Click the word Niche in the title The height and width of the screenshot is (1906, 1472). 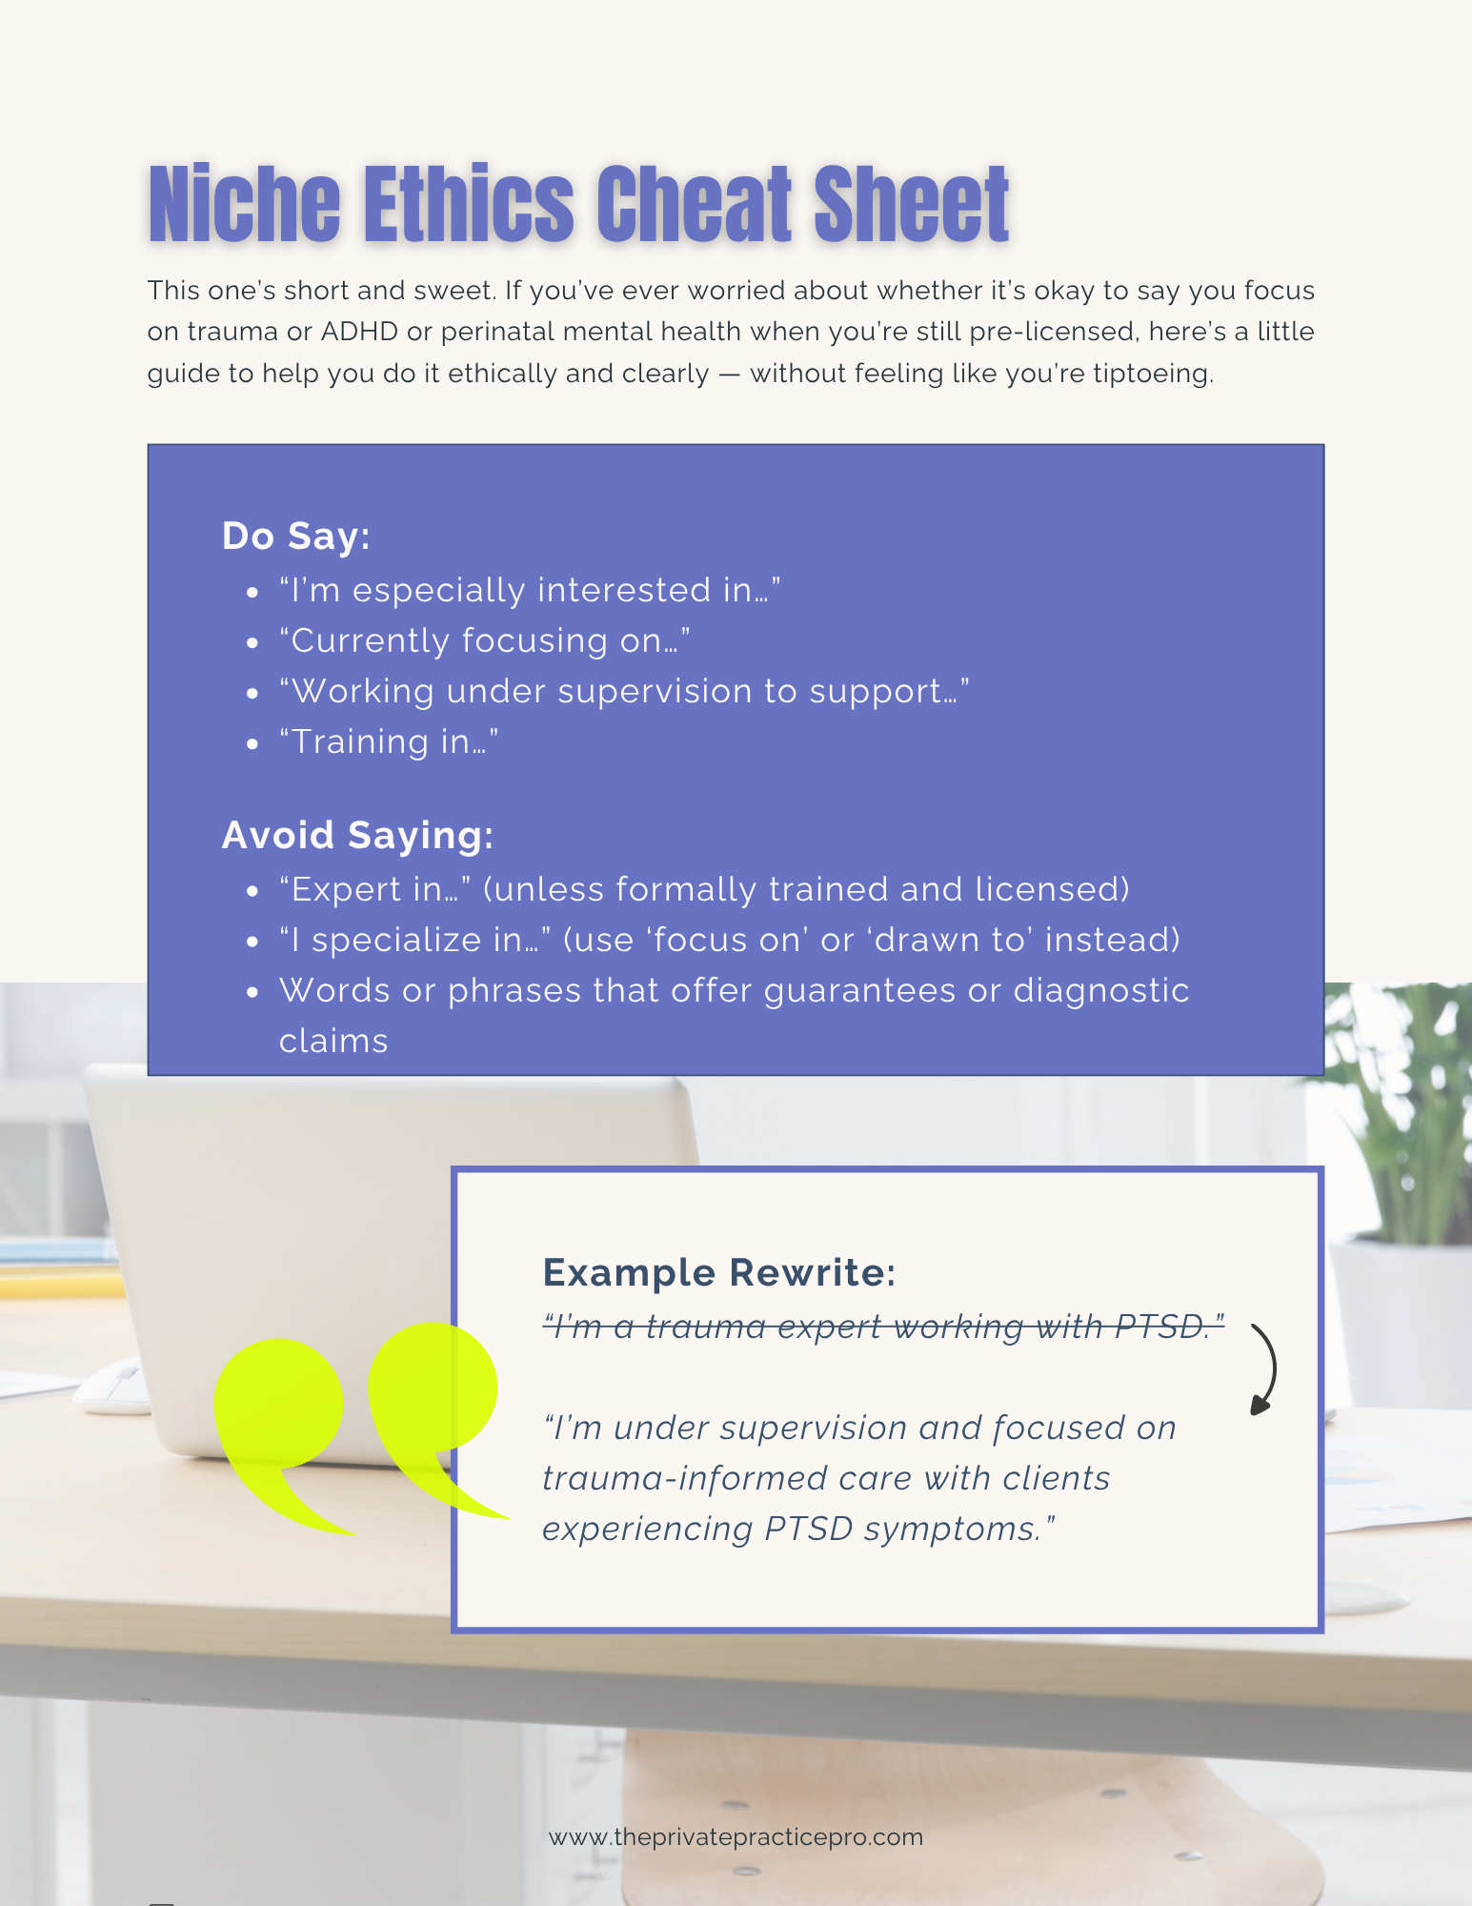click(x=244, y=205)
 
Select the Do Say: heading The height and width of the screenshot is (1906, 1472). click(x=295, y=536)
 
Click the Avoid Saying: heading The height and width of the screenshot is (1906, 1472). click(x=357, y=835)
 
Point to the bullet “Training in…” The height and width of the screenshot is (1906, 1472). click(x=389, y=741)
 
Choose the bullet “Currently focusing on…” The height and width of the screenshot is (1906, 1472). click(x=484, y=640)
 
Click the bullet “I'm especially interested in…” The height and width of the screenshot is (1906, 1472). click(x=530, y=590)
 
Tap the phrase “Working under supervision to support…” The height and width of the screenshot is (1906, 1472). click(x=624, y=691)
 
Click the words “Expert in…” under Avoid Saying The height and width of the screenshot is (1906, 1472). click(x=375, y=889)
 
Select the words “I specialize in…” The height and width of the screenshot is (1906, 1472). click(x=415, y=940)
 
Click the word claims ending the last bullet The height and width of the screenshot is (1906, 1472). click(x=333, y=1041)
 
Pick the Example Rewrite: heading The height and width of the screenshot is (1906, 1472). click(x=719, y=1272)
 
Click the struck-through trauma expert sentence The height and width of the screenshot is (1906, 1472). click(x=883, y=1326)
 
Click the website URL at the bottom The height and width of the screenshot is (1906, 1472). click(x=736, y=1836)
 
